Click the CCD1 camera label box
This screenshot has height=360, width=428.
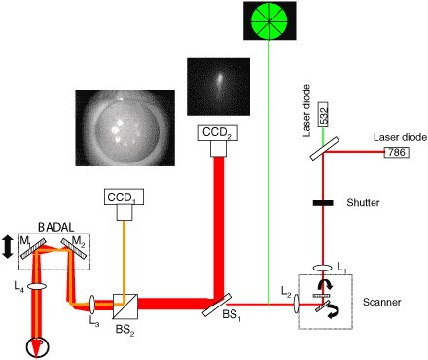coord(124,197)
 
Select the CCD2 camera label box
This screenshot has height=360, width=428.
coord(218,132)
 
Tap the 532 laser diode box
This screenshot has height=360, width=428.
coord(323,115)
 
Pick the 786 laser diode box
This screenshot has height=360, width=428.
coord(397,152)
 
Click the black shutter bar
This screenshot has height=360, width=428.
coord(323,203)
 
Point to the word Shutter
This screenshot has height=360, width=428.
coord(363,203)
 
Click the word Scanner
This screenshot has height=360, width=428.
coord(381,302)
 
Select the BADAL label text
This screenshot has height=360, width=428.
coord(55,227)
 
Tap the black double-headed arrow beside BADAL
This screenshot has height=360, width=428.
coord(8,247)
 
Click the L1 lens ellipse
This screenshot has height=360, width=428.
coord(322,269)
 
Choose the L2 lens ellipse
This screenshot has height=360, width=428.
coord(297,304)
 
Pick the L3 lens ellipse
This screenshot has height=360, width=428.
coord(92,305)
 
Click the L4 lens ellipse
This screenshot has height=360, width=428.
coord(37,286)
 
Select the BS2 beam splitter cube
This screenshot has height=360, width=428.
coord(125,306)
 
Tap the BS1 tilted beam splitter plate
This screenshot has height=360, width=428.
coord(217,305)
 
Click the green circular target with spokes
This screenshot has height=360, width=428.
coord(269,20)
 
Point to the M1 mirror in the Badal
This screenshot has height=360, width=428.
coord(33,248)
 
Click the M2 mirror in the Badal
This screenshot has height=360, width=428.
coord(74,248)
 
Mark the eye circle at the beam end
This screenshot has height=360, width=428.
coord(37,347)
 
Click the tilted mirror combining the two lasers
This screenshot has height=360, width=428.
coord(325,149)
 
